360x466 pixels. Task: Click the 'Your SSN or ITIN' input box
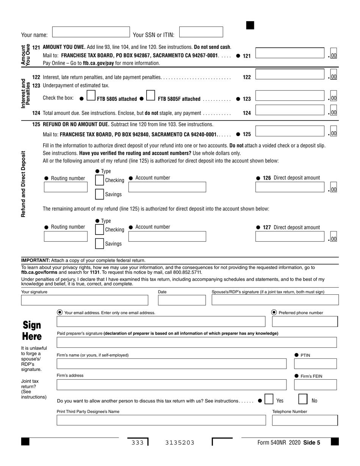[x=201, y=32]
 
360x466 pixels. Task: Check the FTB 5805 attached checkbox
[x=91, y=96]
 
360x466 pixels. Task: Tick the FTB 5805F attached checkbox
[x=150, y=96]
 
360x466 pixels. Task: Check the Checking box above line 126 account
[x=99, y=180]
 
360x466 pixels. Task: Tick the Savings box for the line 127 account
[x=99, y=243]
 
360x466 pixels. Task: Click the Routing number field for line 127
[x=68, y=237]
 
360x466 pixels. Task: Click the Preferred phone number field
[x=304, y=322]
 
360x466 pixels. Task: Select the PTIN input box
[x=315, y=364]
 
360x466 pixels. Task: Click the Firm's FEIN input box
[x=315, y=385]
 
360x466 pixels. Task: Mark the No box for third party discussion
[x=303, y=400]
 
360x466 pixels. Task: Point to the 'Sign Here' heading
[x=32, y=331]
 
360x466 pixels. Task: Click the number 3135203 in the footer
[x=180, y=442]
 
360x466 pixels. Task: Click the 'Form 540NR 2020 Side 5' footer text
[x=288, y=442]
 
